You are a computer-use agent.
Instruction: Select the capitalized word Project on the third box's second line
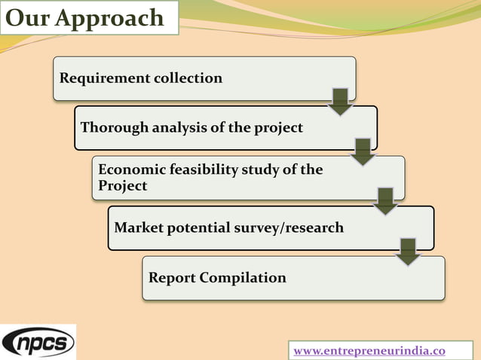[x=123, y=185]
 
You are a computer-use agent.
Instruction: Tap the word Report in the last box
[x=172, y=278]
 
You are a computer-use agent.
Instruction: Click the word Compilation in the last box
[x=243, y=278]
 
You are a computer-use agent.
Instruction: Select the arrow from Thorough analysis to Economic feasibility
[x=363, y=151]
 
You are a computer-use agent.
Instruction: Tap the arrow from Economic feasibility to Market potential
[x=385, y=201]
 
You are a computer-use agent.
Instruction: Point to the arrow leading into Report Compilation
[x=408, y=252]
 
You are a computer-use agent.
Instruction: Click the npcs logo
[x=38, y=343]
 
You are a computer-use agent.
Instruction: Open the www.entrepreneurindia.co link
[x=369, y=351]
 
